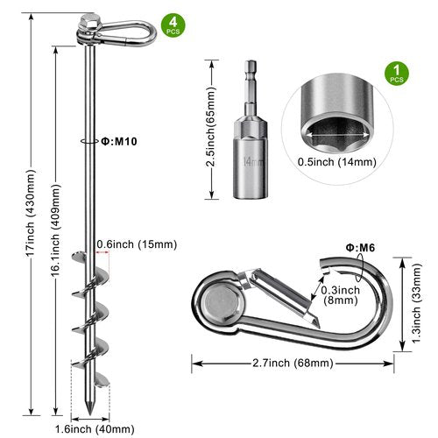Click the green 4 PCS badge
tap(173, 25)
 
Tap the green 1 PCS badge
tap(397, 74)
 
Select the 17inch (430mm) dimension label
tap(31, 213)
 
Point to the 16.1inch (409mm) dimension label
tap(56, 230)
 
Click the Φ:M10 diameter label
tap(119, 142)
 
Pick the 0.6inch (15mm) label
tap(137, 244)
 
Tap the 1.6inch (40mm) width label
tap(95, 429)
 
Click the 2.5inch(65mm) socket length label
tap(210, 127)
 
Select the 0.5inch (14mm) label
tap(337, 162)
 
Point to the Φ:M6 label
tap(360, 248)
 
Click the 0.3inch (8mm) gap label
tap(341, 295)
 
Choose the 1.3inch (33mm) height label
tap(417, 303)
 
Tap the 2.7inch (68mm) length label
tap(293, 364)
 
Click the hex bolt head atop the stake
tap(91, 21)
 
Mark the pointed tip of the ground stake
tap(89, 414)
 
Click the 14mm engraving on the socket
tap(252, 162)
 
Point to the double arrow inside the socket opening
tap(337, 135)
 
